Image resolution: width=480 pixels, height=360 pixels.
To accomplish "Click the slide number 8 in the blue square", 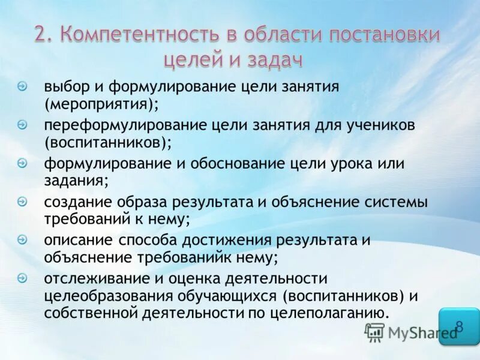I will (x=459, y=326).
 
